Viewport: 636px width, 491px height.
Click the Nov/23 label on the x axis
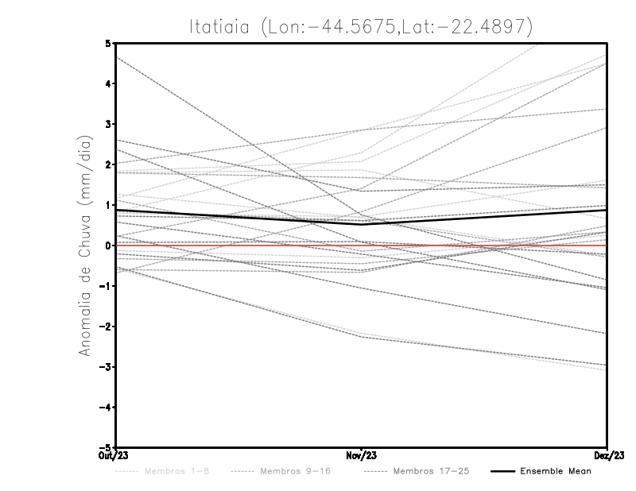coord(363,454)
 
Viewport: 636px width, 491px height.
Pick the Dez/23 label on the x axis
coord(606,454)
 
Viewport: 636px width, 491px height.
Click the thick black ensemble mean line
coord(238,217)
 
